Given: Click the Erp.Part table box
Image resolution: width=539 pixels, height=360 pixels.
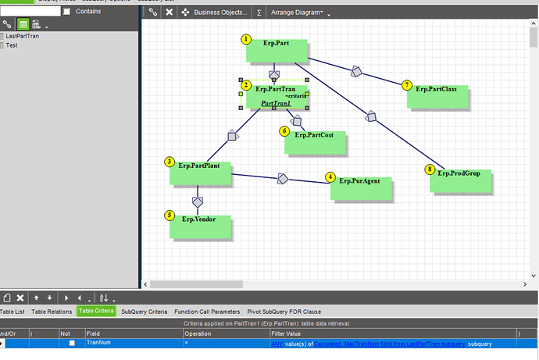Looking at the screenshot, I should [278, 51].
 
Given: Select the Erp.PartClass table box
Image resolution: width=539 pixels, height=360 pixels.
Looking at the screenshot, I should [437, 96].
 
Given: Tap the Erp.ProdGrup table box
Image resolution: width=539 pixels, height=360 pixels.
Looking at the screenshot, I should [460, 180].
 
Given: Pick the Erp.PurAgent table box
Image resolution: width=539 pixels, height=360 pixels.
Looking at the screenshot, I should [361, 188].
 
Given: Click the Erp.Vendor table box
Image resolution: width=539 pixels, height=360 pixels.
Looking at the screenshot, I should [202, 227].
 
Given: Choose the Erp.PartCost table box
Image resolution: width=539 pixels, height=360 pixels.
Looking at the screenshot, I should [316, 143].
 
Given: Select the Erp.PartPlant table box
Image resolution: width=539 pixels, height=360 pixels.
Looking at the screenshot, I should [201, 173].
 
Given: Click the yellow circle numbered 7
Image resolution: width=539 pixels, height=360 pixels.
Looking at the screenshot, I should [407, 84].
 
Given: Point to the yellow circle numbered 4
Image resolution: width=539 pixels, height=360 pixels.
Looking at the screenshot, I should [331, 177].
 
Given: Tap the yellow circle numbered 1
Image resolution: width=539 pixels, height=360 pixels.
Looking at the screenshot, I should [246, 39].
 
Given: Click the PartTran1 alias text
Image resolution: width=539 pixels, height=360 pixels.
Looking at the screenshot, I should [276, 103].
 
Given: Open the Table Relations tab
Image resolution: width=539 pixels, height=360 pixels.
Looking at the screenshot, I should [52, 312].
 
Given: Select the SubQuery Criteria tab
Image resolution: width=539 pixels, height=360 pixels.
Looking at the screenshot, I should [145, 312].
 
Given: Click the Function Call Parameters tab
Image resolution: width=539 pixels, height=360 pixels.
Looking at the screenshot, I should [207, 312].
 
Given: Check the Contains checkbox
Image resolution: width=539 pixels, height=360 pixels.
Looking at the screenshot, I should [67, 11].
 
